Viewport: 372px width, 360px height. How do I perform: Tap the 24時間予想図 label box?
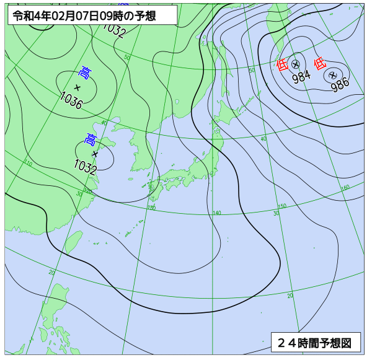click(x=315, y=342)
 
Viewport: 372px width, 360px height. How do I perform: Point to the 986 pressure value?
click(x=340, y=84)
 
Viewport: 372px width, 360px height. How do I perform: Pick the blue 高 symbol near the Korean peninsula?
click(x=91, y=139)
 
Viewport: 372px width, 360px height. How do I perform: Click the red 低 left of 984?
click(x=282, y=63)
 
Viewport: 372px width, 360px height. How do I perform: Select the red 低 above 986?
click(x=320, y=63)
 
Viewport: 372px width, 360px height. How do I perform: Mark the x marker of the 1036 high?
click(x=77, y=87)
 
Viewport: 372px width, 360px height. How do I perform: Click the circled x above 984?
click(x=296, y=64)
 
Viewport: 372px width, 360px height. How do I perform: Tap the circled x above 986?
click(x=333, y=74)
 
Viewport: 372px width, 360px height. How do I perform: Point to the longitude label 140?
click(x=216, y=213)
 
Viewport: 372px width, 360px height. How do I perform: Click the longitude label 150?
click(x=282, y=206)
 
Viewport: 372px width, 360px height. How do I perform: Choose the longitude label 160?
click(x=345, y=187)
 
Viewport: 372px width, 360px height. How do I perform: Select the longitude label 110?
click(x=28, y=164)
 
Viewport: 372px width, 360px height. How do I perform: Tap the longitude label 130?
click(x=151, y=208)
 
